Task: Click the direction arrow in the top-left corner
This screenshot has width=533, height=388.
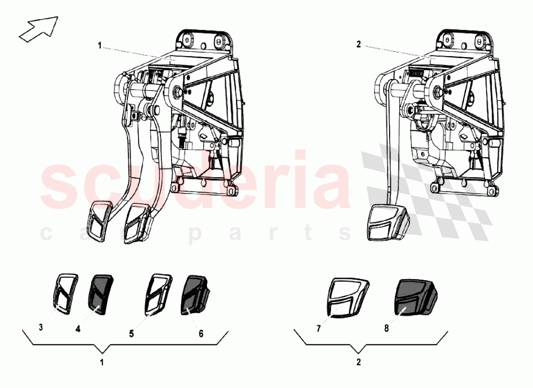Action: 38,28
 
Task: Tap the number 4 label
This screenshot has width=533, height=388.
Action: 78,330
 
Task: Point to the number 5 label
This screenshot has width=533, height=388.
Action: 131,334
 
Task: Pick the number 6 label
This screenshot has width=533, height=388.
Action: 200,334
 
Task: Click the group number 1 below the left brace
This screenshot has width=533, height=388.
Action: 102,362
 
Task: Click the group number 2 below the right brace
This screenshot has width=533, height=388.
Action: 358,362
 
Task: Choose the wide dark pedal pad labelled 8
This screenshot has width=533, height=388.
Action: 415,297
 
